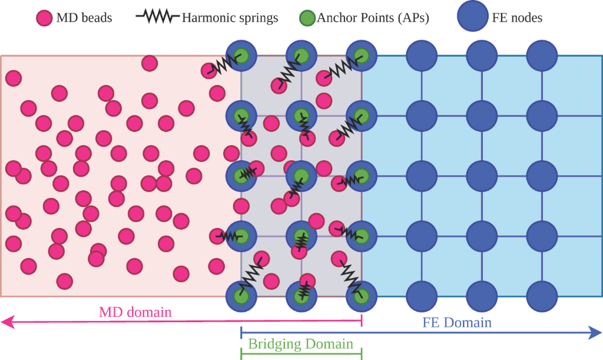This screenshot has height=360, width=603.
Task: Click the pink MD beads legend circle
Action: coord(44,18)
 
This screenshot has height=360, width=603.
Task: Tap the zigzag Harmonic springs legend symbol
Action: coord(157,17)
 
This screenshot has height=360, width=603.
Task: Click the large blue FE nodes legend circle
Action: coord(472,16)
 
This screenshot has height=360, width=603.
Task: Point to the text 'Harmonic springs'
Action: coord(230,18)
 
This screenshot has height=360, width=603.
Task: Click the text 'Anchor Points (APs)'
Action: coord(373,18)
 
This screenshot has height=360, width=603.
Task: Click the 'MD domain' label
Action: coord(135,312)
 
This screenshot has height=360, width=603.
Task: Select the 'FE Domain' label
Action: coord(457,322)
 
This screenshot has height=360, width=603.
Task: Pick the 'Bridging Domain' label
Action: coord(300,344)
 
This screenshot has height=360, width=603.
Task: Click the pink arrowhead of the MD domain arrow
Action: coord(7,321)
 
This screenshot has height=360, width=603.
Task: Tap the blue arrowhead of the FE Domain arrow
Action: coord(595,333)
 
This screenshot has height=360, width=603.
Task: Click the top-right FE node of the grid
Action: coord(541,56)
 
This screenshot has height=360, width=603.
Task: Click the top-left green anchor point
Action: coord(241,56)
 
